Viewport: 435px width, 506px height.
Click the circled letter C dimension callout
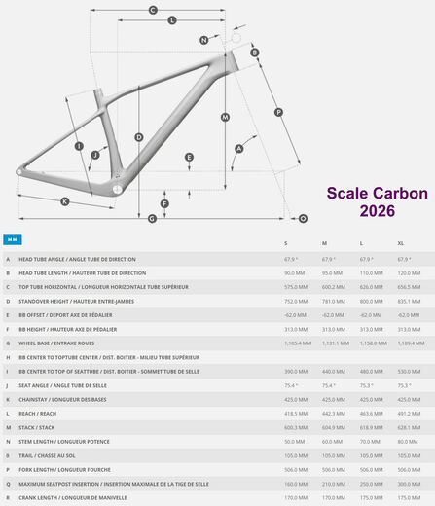click(153, 10)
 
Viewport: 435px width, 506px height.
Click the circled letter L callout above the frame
click(172, 20)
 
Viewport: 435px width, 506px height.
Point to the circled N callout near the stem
click(204, 40)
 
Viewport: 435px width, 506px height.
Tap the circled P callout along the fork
click(278, 112)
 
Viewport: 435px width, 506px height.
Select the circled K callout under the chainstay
click(65, 201)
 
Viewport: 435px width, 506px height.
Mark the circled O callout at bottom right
click(303, 219)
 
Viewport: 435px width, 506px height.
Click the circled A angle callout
click(238, 149)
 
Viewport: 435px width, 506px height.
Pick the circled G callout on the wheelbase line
click(152, 219)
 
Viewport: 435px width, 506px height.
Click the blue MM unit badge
click(12, 239)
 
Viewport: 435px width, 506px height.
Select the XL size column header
click(401, 243)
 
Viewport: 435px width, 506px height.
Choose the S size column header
click(285, 243)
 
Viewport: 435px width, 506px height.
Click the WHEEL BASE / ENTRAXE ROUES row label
click(58, 343)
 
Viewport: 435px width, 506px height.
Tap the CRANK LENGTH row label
click(66, 498)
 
